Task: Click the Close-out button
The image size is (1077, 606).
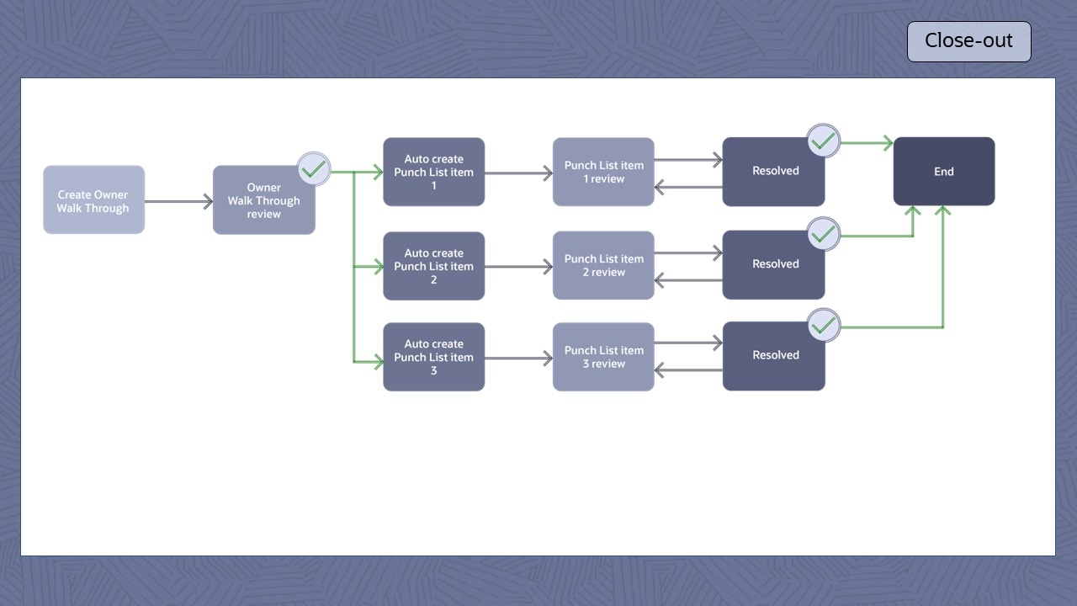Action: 968,41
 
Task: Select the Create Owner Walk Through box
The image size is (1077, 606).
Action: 93,199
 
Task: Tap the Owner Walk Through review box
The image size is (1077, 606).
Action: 263,200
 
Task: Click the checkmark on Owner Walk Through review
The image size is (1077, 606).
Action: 314,168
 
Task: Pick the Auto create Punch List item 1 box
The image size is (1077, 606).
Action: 433,172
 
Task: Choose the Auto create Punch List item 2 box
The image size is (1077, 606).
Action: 433,266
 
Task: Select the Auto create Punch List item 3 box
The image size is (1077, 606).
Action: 433,357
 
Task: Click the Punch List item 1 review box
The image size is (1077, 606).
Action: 603,172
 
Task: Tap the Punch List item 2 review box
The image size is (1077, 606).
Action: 603,265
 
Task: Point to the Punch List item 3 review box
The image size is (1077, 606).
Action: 603,357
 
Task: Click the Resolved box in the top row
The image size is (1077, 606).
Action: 773,172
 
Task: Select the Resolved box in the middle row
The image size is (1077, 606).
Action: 773,265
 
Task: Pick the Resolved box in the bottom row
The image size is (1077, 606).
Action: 773,356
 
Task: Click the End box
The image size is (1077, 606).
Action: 943,172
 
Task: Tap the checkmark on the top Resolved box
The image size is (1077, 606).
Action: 823,141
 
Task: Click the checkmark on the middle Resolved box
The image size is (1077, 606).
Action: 823,233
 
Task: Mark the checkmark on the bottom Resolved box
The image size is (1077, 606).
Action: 823,325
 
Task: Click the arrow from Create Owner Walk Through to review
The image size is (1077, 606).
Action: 178,201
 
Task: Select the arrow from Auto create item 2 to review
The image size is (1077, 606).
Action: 518,267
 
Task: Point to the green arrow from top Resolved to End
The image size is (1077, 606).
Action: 867,144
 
